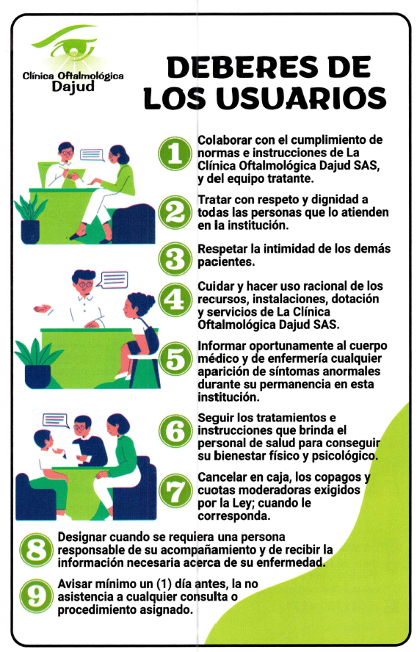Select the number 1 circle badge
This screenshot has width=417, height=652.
[175, 153]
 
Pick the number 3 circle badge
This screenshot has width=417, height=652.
[175, 258]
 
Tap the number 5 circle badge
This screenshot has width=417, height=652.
[175, 359]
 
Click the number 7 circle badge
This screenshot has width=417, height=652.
[175, 490]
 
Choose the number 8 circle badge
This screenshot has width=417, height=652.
[37, 550]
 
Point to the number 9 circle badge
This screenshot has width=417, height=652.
[37, 596]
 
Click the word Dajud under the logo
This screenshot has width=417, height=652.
[73, 87]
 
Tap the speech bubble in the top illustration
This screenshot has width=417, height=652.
[91, 156]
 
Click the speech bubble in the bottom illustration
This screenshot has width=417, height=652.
[55, 420]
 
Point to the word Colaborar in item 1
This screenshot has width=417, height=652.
[225, 140]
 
